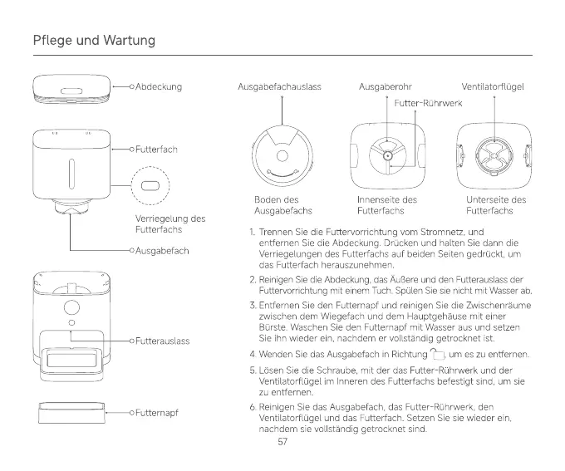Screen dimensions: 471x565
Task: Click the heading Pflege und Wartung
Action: [94, 40]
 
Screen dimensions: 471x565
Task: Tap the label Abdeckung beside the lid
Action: [159, 86]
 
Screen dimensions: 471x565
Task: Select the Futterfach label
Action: [157, 150]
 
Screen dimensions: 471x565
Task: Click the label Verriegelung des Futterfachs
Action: [169, 223]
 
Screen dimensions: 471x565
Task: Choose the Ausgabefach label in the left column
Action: [163, 250]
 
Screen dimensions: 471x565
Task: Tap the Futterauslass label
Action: [163, 341]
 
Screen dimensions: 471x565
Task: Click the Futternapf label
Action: [158, 412]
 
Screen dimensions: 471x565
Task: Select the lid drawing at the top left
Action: [71, 88]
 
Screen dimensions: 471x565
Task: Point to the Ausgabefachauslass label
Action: [279, 86]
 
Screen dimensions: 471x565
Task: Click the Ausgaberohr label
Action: [386, 86]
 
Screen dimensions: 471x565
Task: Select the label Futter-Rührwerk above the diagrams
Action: [428, 103]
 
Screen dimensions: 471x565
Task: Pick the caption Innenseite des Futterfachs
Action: [386, 205]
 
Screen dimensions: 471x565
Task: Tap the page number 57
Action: [282, 442]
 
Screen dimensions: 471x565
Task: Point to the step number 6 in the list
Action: [252, 406]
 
